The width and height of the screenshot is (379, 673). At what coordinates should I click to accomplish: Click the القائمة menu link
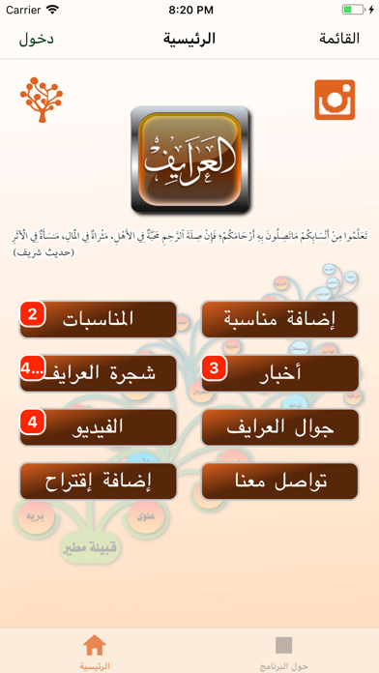pyautogui.click(x=338, y=40)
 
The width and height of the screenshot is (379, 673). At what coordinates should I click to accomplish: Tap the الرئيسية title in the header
pyautogui.click(x=189, y=40)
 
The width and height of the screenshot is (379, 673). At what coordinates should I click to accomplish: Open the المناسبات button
pyautogui.click(x=99, y=318)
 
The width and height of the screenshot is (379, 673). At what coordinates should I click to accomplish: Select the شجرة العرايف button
pyautogui.click(x=99, y=372)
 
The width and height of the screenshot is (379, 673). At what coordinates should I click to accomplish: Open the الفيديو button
pyautogui.click(x=99, y=426)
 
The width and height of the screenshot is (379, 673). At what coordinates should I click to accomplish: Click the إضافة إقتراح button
pyautogui.click(x=99, y=481)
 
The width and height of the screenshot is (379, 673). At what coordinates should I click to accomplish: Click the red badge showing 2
pyautogui.click(x=33, y=314)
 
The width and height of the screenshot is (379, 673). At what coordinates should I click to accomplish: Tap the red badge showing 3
pyautogui.click(x=215, y=368)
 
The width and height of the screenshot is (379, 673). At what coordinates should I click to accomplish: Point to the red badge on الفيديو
pyautogui.click(x=33, y=423)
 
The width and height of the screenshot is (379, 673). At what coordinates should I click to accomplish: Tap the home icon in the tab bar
pyautogui.click(x=95, y=645)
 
